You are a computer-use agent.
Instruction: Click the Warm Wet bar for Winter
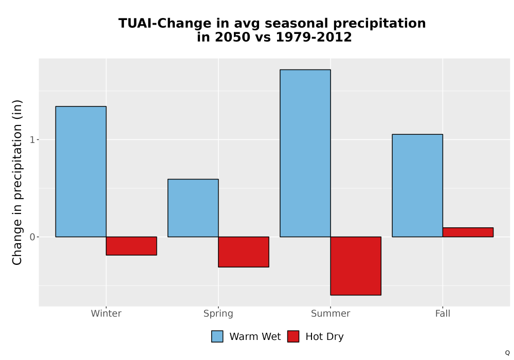[81, 171]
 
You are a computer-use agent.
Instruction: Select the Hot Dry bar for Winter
[132, 246]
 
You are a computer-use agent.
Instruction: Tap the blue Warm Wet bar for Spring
[193, 208]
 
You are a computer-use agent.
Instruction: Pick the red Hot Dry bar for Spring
[244, 252]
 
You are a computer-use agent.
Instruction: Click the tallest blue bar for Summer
[305, 153]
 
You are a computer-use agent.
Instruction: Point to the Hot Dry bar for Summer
[356, 266]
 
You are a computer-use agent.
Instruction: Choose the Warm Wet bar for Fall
[417, 186]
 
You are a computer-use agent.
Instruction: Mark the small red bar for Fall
[468, 232]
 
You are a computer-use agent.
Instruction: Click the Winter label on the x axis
[106, 313]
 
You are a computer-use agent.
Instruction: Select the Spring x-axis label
[218, 314]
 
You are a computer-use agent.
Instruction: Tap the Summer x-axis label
[331, 313]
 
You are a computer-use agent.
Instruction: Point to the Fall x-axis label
[443, 313]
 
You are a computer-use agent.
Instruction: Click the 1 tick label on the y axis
[32, 140]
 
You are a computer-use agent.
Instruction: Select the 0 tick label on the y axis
[32, 237]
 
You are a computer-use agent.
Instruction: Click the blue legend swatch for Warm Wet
[217, 336]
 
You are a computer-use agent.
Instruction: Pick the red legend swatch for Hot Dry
[293, 336]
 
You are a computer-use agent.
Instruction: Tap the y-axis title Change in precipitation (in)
[17, 182]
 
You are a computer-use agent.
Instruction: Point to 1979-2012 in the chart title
[314, 37]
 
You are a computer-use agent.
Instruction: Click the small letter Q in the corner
[507, 353]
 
